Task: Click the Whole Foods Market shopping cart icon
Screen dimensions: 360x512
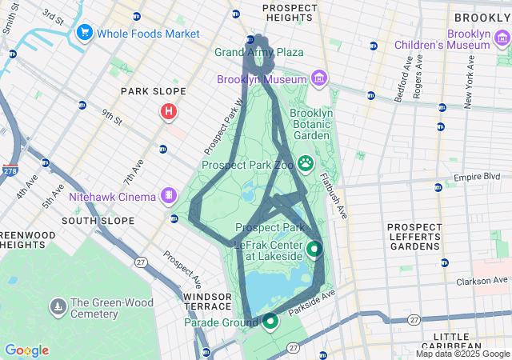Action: click(x=84, y=33)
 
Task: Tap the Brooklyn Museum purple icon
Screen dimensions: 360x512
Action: click(x=319, y=78)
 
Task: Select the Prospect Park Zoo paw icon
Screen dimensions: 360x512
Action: click(x=306, y=164)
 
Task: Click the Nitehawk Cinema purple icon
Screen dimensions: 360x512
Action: click(x=169, y=194)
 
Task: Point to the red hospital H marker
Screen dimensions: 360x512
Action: click(x=169, y=112)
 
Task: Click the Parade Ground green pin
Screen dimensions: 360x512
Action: click(x=270, y=322)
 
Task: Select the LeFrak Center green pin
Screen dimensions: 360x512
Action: click(x=314, y=250)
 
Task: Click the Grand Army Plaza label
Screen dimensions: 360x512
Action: click(x=258, y=52)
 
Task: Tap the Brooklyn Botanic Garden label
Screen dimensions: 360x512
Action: click(x=311, y=124)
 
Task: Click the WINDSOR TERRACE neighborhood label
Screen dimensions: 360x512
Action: click(x=206, y=302)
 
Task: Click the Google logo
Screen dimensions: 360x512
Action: click(x=27, y=350)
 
